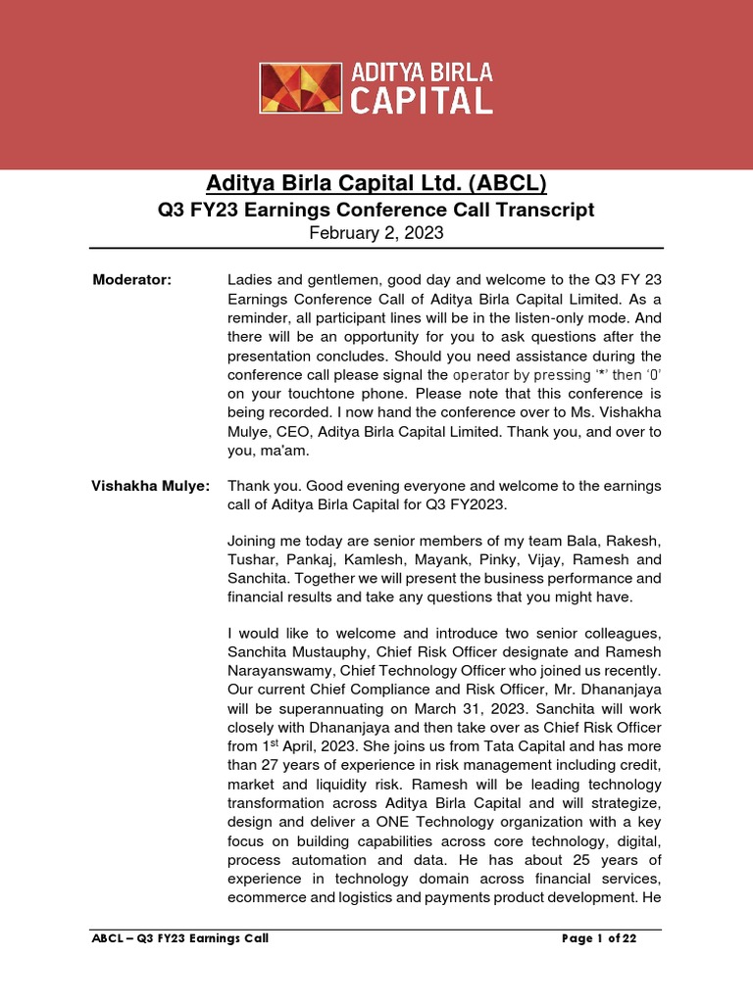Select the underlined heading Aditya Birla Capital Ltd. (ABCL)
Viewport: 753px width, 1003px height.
tap(376, 183)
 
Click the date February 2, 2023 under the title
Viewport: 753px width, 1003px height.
tap(376, 234)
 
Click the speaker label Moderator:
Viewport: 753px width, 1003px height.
tap(132, 280)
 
